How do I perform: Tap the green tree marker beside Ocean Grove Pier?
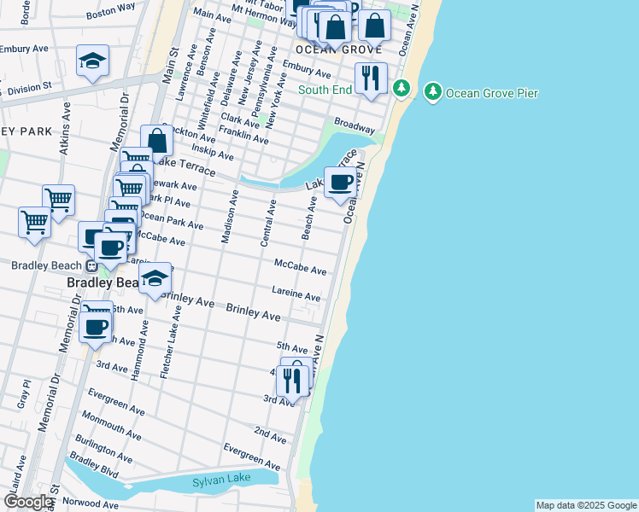(x=433, y=91)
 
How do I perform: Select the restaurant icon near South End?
(x=371, y=79)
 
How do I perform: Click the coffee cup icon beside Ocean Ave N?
(x=341, y=183)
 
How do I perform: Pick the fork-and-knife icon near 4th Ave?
(x=292, y=381)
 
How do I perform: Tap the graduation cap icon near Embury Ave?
(x=92, y=61)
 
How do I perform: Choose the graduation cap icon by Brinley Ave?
(x=155, y=278)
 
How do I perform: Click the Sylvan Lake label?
(x=221, y=479)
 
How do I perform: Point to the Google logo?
(x=28, y=502)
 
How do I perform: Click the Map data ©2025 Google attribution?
(x=586, y=505)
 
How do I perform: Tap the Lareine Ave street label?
(x=296, y=294)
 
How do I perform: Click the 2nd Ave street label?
(x=270, y=435)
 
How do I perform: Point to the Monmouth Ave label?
(x=112, y=426)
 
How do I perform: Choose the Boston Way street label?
(x=111, y=10)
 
